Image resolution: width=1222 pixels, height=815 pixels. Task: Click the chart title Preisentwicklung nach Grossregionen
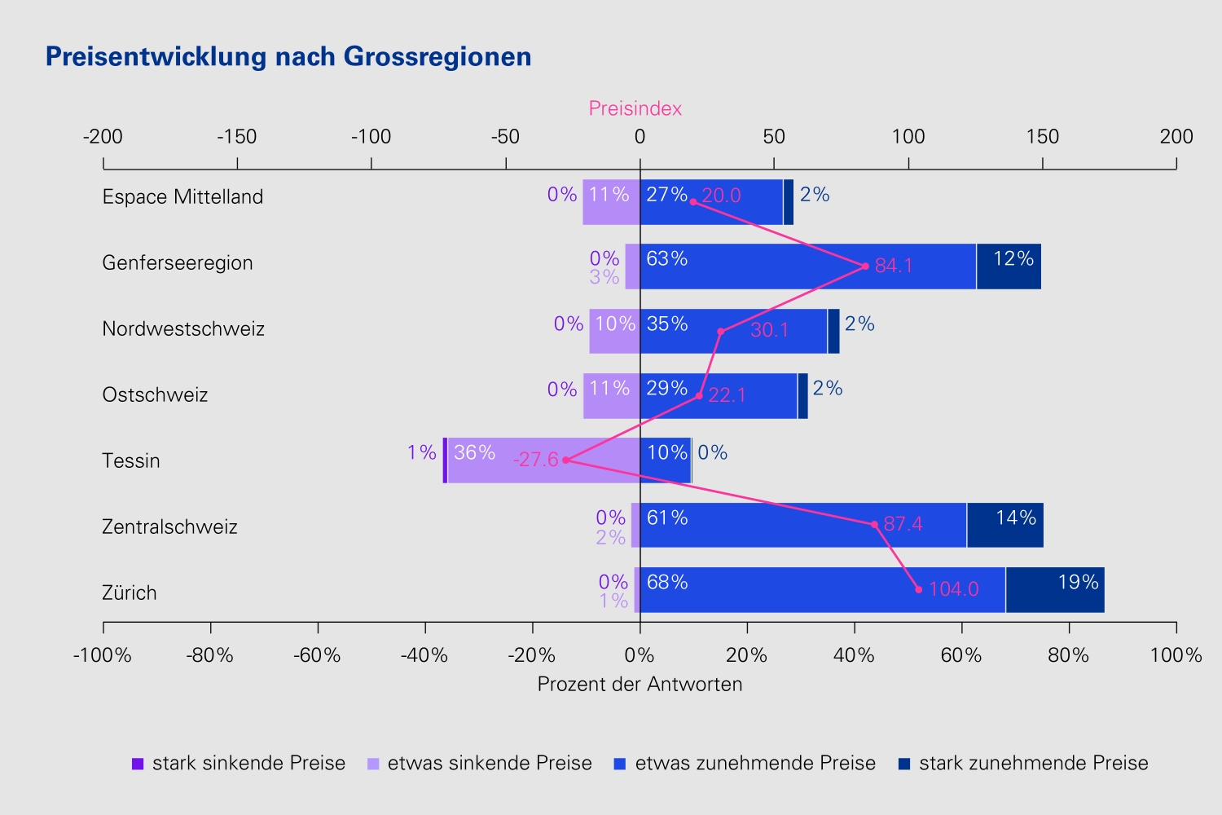tap(288, 57)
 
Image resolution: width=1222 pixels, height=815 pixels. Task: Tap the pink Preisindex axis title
tap(635, 108)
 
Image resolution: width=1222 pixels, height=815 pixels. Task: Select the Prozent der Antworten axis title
tap(640, 684)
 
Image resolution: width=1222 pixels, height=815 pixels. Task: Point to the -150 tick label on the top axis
tap(237, 136)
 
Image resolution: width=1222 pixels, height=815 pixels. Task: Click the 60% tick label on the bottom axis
tap(961, 655)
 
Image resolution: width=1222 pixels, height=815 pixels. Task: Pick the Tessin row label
tap(131, 460)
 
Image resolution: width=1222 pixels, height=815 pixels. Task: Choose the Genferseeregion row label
tap(178, 263)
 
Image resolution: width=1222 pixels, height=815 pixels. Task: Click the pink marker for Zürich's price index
tap(919, 589)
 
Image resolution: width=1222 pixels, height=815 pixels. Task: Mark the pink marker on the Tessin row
tap(565, 460)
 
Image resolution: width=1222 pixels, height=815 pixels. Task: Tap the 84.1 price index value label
tap(894, 266)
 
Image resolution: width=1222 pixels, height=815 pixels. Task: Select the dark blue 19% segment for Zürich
tap(1055, 589)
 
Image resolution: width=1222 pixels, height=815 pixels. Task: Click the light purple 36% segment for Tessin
tap(544, 460)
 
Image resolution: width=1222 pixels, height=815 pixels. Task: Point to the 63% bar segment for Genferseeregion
tap(808, 267)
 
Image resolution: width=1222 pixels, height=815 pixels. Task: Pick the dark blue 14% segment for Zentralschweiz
tap(1004, 525)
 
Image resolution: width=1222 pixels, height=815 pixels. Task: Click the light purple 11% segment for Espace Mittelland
tap(611, 202)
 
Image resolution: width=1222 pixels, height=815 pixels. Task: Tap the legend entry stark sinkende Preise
tap(239, 763)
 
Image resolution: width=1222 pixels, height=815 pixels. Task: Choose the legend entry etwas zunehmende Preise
tap(745, 763)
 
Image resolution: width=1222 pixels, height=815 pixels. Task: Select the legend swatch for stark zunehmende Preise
tap(904, 764)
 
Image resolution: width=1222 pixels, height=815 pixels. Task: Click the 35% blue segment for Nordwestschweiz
tap(733, 332)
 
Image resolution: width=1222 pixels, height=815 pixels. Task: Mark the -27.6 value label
tap(536, 460)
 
